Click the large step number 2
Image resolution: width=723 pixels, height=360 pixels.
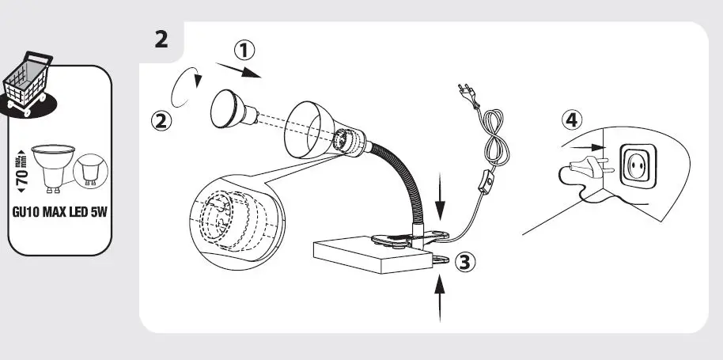click(x=161, y=39)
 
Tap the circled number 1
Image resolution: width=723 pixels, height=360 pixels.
click(x=244, y=50)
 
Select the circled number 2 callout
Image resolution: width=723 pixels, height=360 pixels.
click(x=161, y=121)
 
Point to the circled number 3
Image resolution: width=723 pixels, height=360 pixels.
click(x=467, y=263)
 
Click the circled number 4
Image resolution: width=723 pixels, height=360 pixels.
click(x=573, y=121)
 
